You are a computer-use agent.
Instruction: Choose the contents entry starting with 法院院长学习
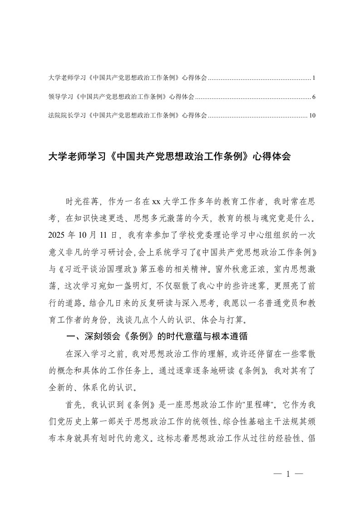(127, 116)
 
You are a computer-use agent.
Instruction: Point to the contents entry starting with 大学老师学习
(127, 78)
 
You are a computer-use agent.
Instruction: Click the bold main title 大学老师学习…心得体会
(169, 157)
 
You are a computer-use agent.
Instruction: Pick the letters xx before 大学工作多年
(157, 202)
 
